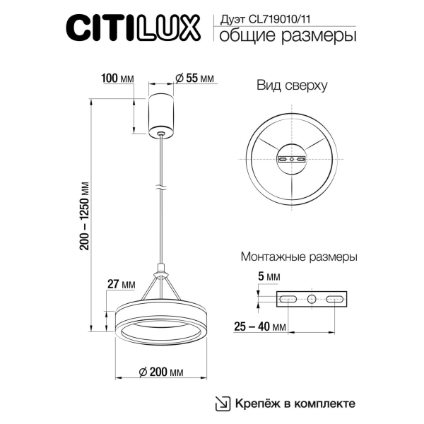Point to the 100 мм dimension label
tap(118, 79)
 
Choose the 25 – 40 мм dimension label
tap(261, 327)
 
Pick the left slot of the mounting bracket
tap(290, 300)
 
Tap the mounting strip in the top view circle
tap(291, 160)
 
